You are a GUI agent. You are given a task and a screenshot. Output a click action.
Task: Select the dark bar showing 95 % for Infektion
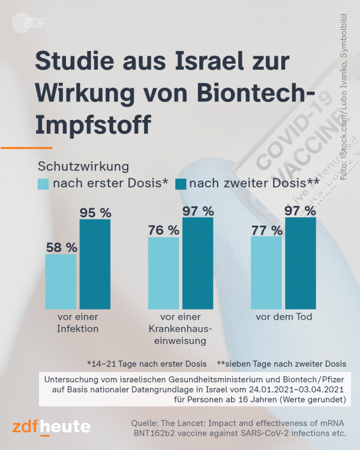pyautogui.click(x=95, y=265)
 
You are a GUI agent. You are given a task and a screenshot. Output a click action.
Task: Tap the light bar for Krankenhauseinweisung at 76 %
pyautogui.click(x=164, y=274)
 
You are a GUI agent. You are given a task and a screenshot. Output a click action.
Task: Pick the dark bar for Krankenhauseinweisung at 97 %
pyautogui.click(x=198, y=263)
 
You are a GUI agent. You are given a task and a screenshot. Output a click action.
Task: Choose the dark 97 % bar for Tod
pyautogui.click(x=301, y=263)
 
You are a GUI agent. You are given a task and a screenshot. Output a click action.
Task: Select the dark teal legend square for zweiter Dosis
pyautogui.click(x=181, y=184)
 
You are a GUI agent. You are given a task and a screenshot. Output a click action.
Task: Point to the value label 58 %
pyautogui.click(x=62, y=247)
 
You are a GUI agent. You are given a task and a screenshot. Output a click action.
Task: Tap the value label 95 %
pyautogui.click(x=96, y=212)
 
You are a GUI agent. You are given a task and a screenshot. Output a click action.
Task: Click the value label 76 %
pyautogui.click(x=164, y=230)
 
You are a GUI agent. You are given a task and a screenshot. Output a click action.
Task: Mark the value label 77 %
pyautogui.click(x=267, y=229)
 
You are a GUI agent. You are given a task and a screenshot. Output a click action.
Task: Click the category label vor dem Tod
pyautogui.click(x=284, y=317)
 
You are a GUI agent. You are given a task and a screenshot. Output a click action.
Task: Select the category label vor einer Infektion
pyautogui.click(x=77, y=323)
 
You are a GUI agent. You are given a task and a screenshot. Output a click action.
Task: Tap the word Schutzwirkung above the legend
pyautogui.click(x=83, y=165)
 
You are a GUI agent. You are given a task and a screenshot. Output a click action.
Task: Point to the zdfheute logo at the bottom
pyautogui.click(x=52, y=427)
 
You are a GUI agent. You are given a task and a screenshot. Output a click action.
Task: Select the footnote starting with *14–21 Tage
pyautogui.click(x=146, y=364)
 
